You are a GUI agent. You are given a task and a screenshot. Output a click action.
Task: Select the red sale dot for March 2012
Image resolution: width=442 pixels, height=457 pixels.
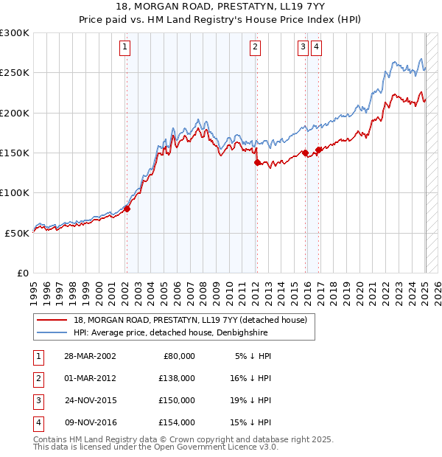pos(257,162)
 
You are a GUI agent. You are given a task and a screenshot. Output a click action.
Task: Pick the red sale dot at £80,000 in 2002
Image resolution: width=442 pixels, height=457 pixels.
pos(127,209)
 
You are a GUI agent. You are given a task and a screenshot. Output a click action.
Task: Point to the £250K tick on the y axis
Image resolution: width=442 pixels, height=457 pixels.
pos(15,73)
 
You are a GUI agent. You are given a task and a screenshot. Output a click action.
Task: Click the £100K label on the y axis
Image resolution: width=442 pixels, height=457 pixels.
pos(15,192)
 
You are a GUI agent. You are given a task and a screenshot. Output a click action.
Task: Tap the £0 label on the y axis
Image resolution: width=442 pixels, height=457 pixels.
pos(22,273)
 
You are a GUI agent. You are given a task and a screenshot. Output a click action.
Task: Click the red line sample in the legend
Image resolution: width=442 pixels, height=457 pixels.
pos(52,320)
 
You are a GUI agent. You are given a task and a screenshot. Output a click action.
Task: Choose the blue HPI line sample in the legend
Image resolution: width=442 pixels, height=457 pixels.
pos(52,332)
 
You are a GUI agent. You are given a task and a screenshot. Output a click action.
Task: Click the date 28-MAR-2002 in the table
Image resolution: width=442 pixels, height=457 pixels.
pos(90,356)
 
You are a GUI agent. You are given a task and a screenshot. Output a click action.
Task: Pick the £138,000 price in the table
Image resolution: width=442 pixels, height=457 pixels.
pos(178,377)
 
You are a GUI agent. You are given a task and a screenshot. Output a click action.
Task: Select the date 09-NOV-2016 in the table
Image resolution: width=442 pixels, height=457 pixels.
pos(91,422)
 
